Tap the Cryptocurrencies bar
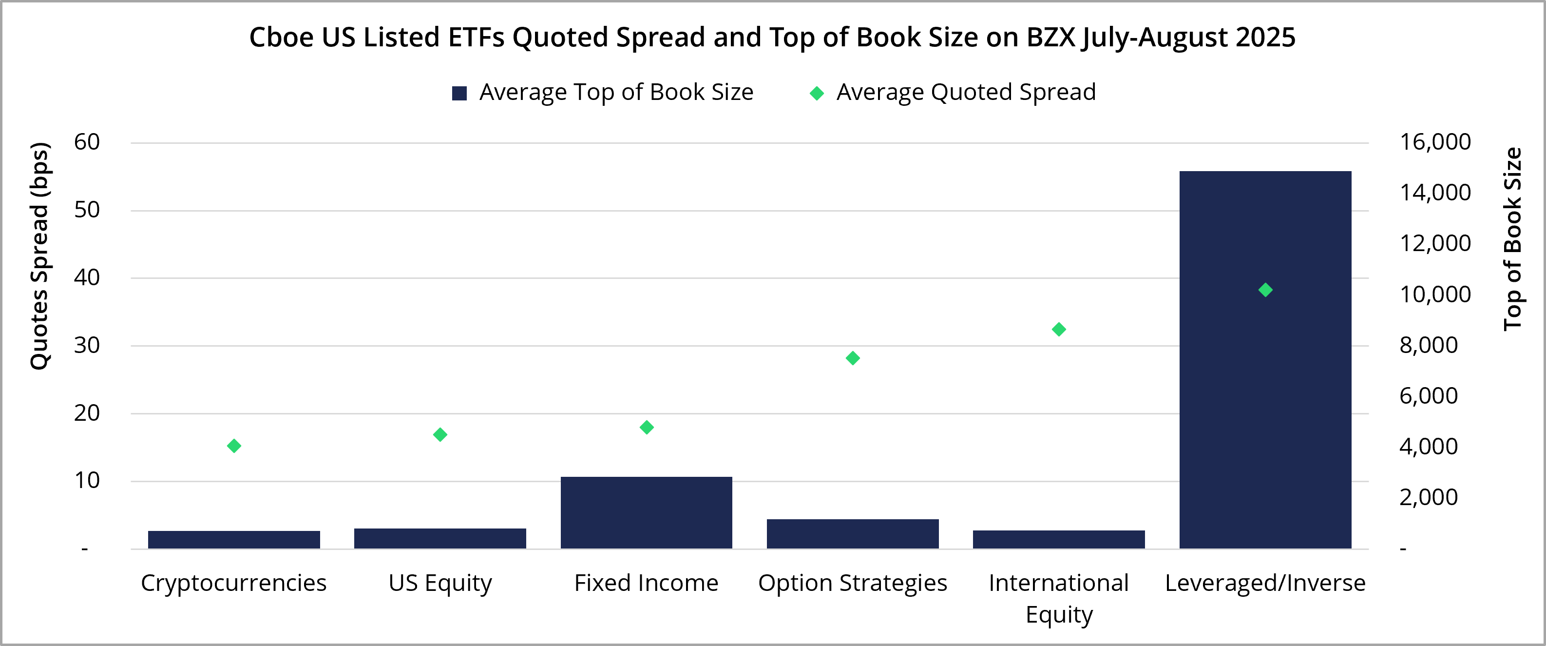tap(234, 539)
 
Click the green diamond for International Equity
tap(1059, 329)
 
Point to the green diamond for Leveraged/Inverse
tap(1265, 290)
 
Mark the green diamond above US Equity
tap(440, 435)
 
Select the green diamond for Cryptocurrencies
tap(234, 446)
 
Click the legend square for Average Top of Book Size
tap(459, 93)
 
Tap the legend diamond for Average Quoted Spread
tap(816, 93)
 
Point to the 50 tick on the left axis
tap(87, 210)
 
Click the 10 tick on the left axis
tap(87, 480)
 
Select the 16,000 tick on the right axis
tap(1435, 142)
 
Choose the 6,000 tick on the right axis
tap(1429, 396)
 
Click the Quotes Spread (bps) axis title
tap(39, 256)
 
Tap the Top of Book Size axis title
tap(1513, 239)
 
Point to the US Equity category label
tap(440, 583)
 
